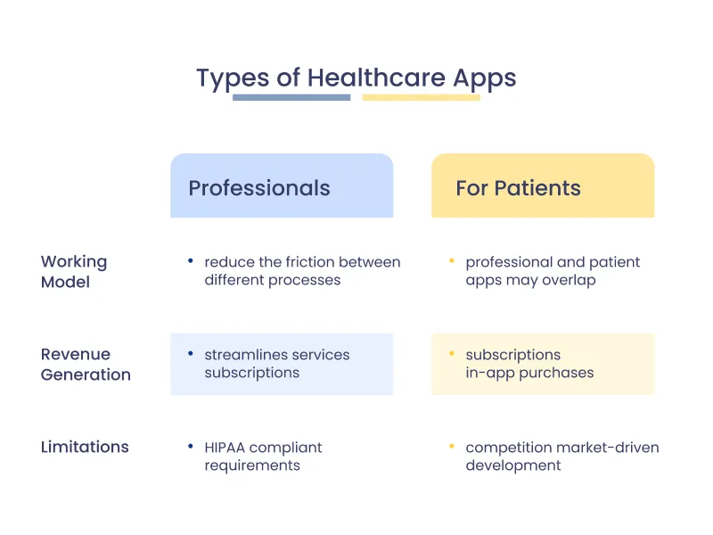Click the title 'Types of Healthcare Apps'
point(356,78)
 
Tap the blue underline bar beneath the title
point(291,97)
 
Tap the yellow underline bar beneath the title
point(421,97)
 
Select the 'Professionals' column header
point(259,188)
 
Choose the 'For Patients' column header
point(518,188)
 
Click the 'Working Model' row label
point(74,271)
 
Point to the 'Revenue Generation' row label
point(86,364)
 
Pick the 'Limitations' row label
point(85,447)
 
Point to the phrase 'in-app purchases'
point(529,373)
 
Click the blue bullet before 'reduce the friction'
point(191,261)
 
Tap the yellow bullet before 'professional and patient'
point(452,261)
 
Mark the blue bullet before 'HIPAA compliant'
point(191,446)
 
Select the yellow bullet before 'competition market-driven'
point(452,446)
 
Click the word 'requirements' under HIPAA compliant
point(252,465)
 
